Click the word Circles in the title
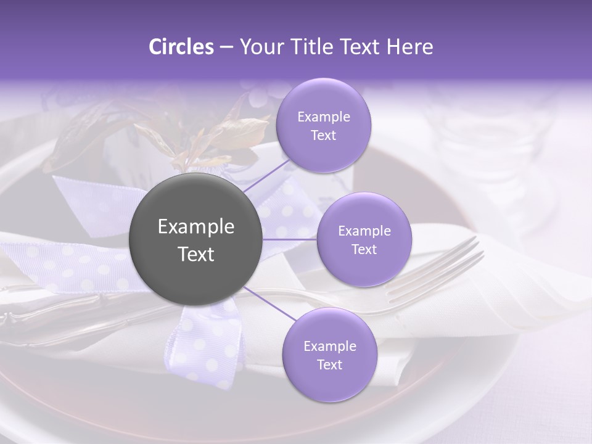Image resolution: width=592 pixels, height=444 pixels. (x=181, y=47)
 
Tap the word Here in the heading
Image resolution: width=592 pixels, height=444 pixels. (x=409, y=47)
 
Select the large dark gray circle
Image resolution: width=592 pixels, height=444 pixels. (x=196, y=239)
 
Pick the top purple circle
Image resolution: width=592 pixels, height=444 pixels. (x=323, y=125)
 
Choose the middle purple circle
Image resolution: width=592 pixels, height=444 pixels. (x=364, y=239)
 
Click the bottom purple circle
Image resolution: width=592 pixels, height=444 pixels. (x=329, y=355)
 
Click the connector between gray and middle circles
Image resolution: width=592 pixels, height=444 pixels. (x=290, y=239)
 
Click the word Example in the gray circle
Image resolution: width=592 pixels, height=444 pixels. (x=196, y=227)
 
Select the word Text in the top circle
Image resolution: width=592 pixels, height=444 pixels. (x=323, y=135)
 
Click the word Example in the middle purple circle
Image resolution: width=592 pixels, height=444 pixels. (x=364, y=231)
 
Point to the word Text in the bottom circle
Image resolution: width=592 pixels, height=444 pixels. (x=329, y=364)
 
